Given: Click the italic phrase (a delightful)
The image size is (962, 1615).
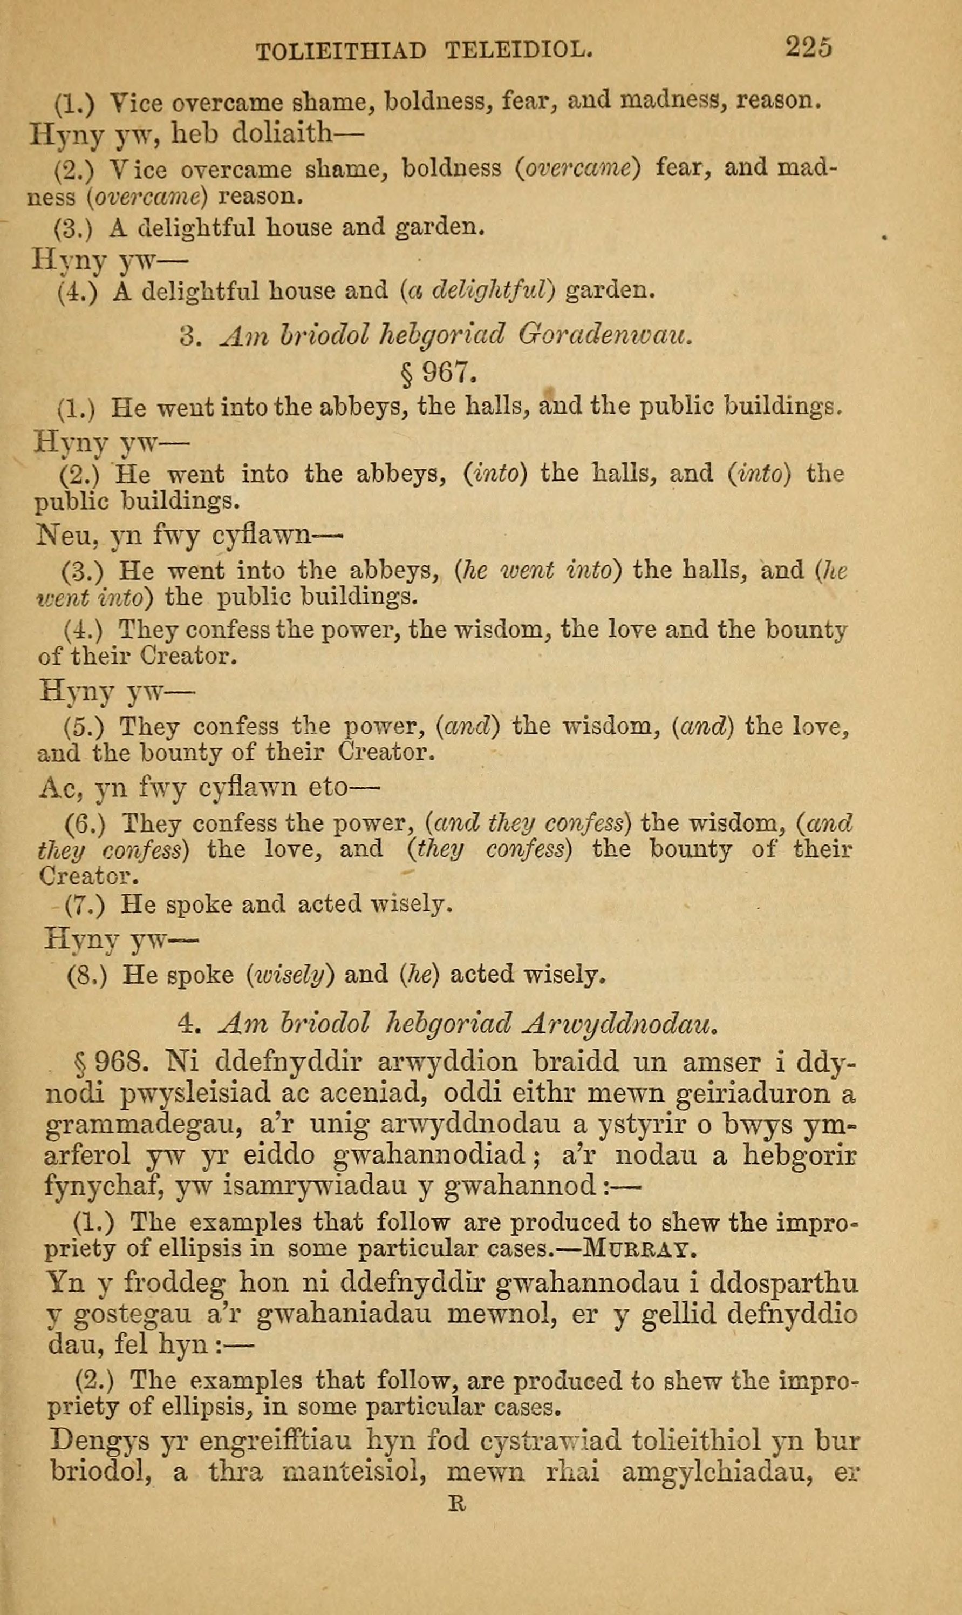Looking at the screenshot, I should point(479,290).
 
